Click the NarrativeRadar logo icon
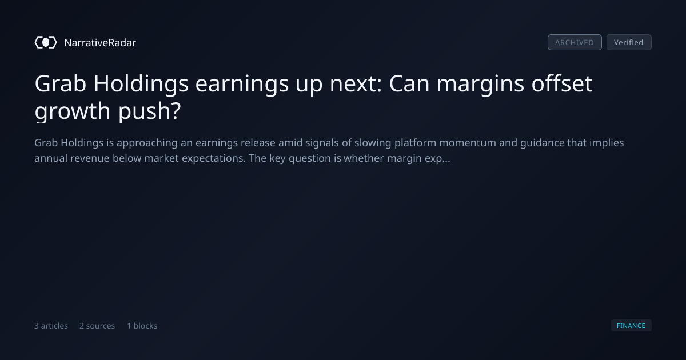click(46, 42)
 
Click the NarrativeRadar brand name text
click(100, 42)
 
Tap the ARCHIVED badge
click(575, 42)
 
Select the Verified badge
click(629, 42)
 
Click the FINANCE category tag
click(631, 325)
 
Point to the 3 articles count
click(51, 326)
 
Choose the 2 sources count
click(97, 326)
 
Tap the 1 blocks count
click(142, 326)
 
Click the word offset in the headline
click(561, 83)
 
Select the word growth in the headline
click(72, 111)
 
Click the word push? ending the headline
click(150, 111)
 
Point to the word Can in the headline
click(409, 83)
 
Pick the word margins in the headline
click(480, 85)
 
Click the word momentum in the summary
click(468, 143)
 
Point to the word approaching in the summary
click(147, 143)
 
